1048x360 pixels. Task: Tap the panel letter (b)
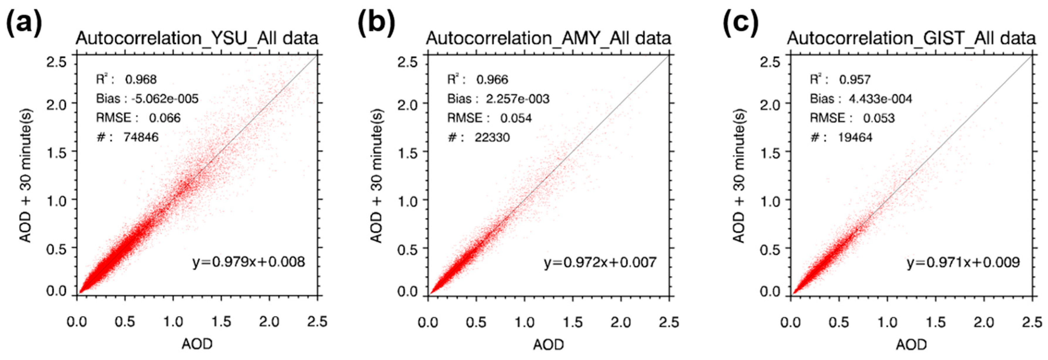click(376, 23)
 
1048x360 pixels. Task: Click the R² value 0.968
click(141, 79)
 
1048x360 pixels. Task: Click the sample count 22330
click(492, 137)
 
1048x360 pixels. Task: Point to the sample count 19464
click(855, 137)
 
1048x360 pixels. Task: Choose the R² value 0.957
click(855, 79)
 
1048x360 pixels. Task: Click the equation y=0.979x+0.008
click(249, 262)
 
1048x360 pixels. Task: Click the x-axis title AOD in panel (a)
click(197, 344)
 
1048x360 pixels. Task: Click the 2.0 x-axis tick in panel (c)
click(984, 322)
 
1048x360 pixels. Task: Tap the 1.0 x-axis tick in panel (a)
click(173, 322)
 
